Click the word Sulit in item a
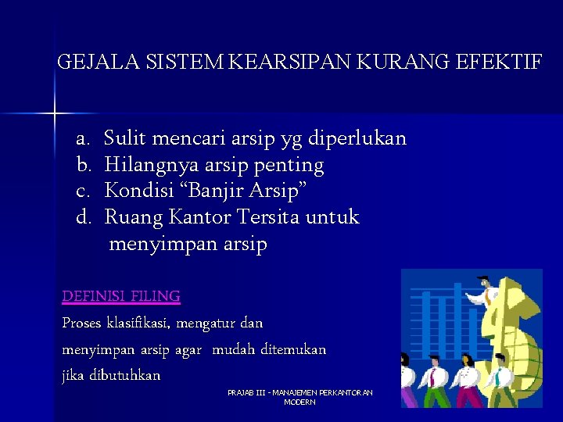[126, 139]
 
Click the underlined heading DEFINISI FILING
[121, 296]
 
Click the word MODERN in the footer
[299, 402]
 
